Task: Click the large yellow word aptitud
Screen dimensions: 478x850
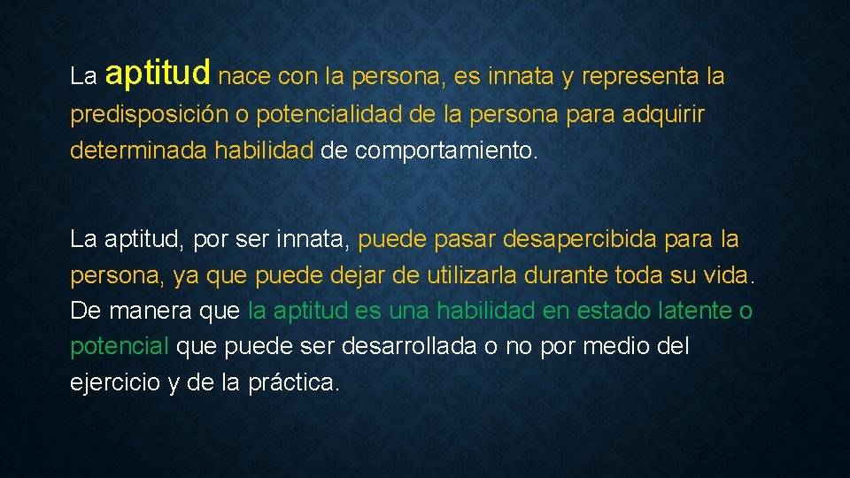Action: coord(158,73)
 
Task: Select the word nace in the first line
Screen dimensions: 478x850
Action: coord(244,78)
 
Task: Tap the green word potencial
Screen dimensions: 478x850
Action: coord(120,347)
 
